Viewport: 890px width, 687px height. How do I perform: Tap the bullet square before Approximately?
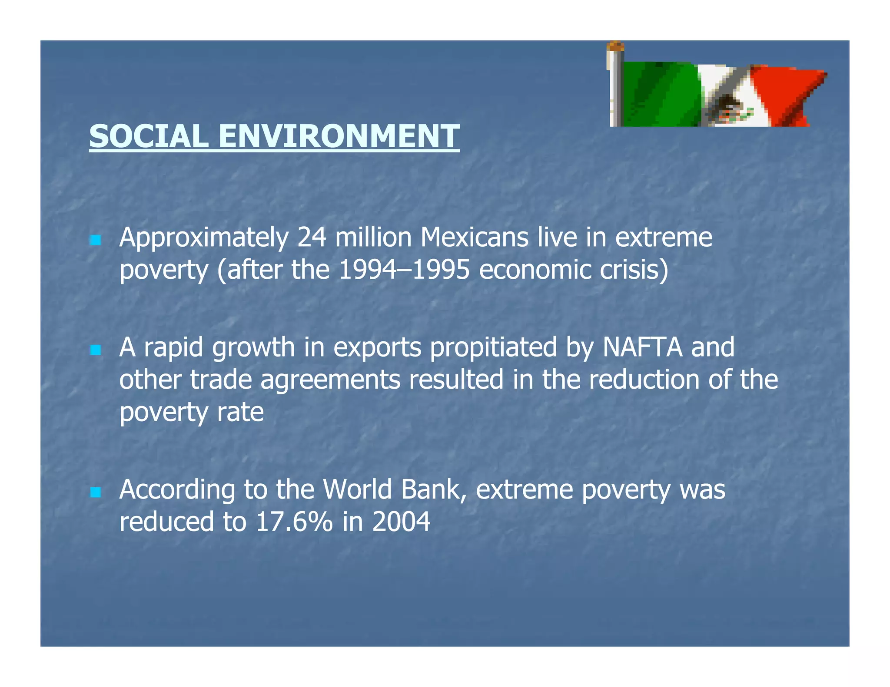coord(95,240)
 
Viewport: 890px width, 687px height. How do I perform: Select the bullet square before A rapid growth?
coord(95,350)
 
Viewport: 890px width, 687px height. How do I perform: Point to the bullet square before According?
coord(95,492)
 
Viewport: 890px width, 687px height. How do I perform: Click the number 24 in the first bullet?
coord(312,238)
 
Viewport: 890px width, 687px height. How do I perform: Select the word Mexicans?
coord(474,238)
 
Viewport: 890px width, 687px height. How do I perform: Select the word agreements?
coord(330,380)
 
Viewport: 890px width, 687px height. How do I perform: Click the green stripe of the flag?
coord(661,93)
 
